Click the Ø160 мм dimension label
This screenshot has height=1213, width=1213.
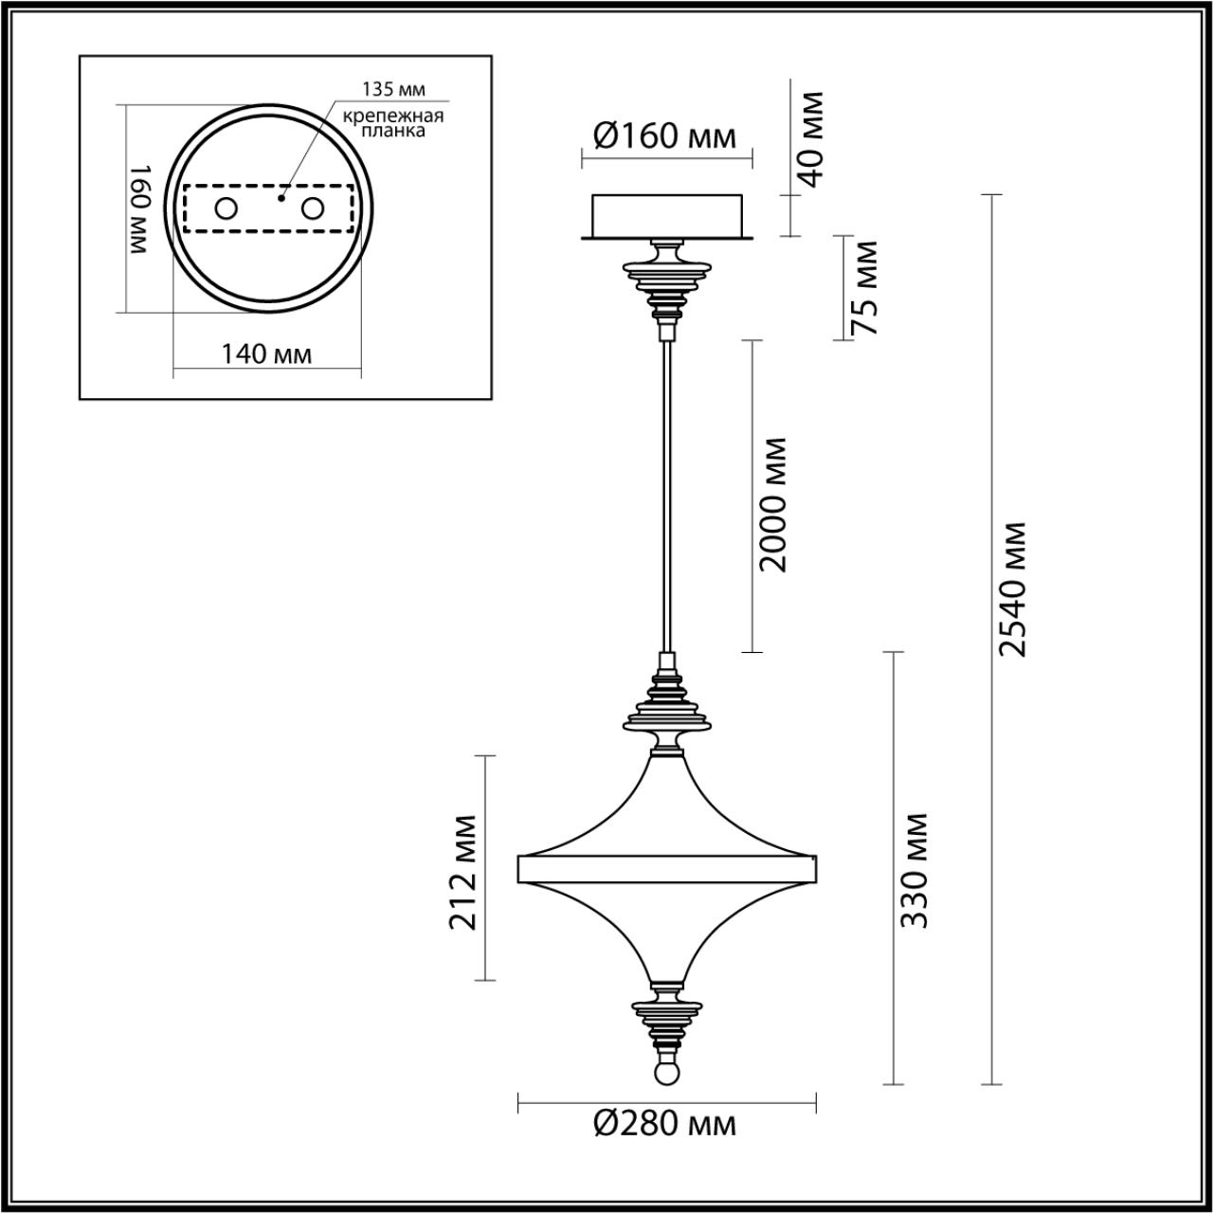point(664,136)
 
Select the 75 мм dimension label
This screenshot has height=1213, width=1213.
point(863,287)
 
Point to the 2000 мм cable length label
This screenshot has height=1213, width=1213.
point(773,503)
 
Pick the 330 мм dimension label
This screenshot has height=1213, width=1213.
point(914,870)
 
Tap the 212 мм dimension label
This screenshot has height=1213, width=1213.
point(463,872)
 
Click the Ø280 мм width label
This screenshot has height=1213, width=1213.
point(664,1124)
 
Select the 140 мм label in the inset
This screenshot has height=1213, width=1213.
point(266,354)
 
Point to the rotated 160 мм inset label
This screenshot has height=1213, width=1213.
point(139,209)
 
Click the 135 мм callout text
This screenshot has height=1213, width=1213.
point(393,90)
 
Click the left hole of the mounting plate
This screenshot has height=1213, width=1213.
point(226,208)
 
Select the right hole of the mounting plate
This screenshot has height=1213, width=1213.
point(312,208)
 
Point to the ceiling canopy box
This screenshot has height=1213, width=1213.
point(668,215)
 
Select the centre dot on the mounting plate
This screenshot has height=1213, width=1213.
point(281,199)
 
